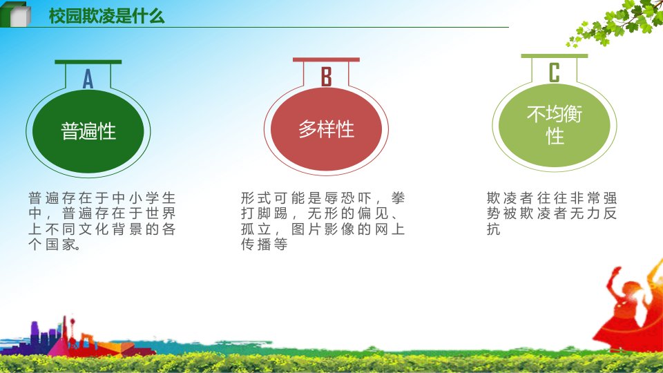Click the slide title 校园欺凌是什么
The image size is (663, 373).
pos(106,16)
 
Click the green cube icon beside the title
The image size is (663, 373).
pos(16,15)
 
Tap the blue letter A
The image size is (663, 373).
pos(88,78)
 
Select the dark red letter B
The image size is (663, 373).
pos(326,77)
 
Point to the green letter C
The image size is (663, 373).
pos(555,73)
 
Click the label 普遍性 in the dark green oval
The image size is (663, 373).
pos(88,131)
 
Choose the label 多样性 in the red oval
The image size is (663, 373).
pos(326,129)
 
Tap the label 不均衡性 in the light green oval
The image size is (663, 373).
pos(555,125)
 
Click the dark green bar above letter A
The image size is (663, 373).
pos(88,62)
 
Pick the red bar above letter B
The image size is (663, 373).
pos(326,60)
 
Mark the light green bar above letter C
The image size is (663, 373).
pos(555,56)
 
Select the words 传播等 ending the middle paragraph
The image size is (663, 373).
pos(265,244)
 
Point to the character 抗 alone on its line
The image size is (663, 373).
pos(493,229)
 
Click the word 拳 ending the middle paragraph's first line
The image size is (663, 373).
pos(398,198)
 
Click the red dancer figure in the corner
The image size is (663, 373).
pos(628,309)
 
